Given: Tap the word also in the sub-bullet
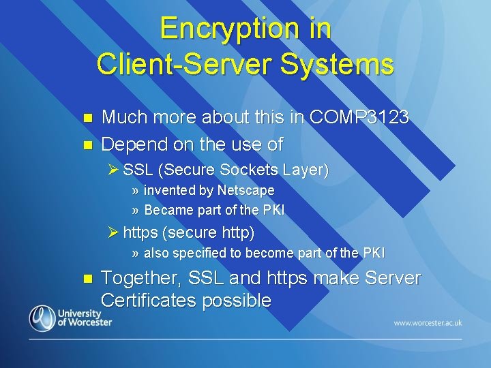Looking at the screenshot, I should click(x=156, y=254).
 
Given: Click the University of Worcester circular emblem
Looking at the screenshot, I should click(x=42, y=318).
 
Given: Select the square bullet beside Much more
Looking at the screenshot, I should click(x=86, y=118).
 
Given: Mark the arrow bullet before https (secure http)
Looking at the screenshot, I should click(x=114, y=233).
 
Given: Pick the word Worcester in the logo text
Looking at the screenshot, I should click(x=89, y=323).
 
